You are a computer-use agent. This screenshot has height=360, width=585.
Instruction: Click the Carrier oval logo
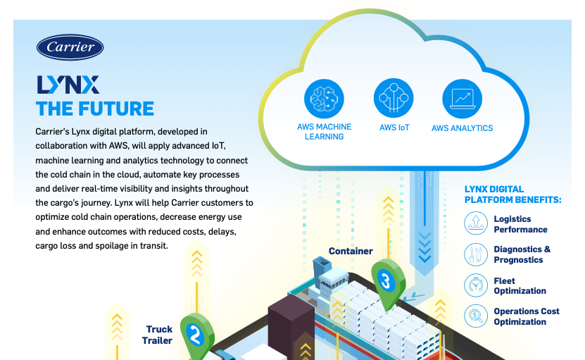click(x=70, y=47)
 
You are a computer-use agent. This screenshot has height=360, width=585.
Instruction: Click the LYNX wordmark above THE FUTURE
click(x=68, y=85)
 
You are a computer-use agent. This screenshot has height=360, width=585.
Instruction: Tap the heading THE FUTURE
click(x=95, y=108)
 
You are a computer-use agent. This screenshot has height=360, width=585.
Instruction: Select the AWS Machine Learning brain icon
click(x=324, y=98)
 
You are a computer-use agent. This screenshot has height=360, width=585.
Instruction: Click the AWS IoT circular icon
click(x=394, y=98)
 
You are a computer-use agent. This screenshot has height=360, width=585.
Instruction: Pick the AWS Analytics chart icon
click(x=462, y=98)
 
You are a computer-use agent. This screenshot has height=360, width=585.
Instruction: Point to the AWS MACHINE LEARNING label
click(x=324, y=132)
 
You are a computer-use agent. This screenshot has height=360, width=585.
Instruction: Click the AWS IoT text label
click(x=394, y=128)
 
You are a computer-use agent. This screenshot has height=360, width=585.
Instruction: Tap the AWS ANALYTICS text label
click(x=462, y=128)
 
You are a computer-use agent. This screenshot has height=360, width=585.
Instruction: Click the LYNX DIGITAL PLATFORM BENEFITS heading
click(x=512, y=194)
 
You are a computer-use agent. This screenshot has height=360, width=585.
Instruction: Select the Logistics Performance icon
click(x=476, y=224)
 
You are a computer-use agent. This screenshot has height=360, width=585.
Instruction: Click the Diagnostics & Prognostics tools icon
click(x=476, y=254)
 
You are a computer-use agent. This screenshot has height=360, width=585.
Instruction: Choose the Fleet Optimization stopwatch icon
click(x=476, y=285)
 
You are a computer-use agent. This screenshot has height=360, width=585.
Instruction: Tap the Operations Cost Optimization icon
click(x=476, y=316)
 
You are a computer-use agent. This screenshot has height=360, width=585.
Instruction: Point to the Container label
click(x=351, y=251)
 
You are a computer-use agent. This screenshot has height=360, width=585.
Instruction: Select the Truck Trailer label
click(x=158, y=335)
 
